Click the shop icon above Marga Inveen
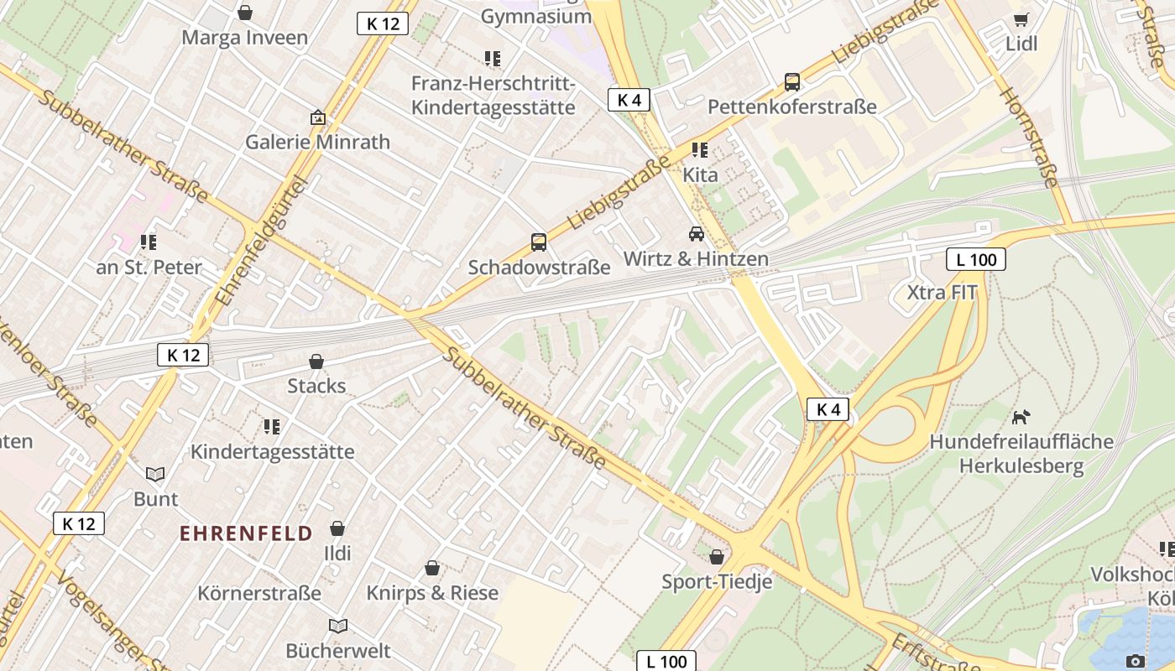(x=245, y=13)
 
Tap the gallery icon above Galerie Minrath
(x=317, y=117)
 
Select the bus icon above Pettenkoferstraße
(x=791, y=82)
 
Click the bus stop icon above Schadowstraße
(x=539, y=242)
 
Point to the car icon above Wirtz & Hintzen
(x=696, y=234)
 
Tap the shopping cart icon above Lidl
(x=1021, y=19)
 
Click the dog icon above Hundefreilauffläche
(x=1021, y=417)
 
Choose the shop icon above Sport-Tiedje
(x=717, y=557)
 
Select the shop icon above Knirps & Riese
(x=432, y=569)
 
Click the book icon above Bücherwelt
(x=338, y=626)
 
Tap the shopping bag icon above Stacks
(x=316, y=362)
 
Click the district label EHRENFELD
(x=246, y=533)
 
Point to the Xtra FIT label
(x=943, y=293)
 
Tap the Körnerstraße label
(x=259, y=593)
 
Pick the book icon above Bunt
(x=155, y=474)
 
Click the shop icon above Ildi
(x=337, y=528)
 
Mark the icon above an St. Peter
(x=149, y=242)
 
